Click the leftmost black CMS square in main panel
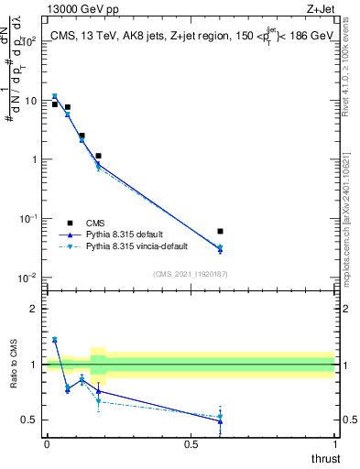click(x=55, y=104)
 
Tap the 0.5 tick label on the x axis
click(x=191, y=444)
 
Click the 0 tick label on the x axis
click(x=47, y=444)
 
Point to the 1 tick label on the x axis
click(x=334, y=444)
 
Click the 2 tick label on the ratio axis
click(x=34, y=309)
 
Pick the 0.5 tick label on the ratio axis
click(x=30, y=420)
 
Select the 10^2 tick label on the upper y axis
click(x=27, y=42)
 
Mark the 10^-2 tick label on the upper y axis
click(x=27, y=278)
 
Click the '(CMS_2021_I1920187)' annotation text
click(x=191, y=274)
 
